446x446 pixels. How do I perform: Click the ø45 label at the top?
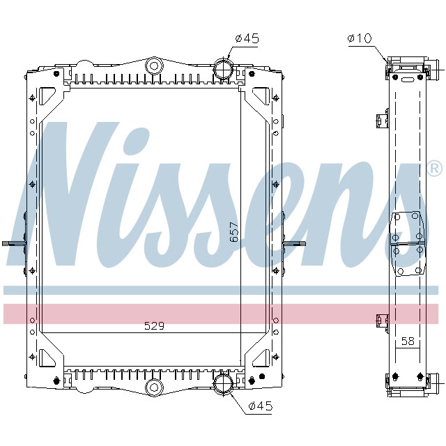[247, 39]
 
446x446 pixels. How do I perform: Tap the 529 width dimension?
[154, 325]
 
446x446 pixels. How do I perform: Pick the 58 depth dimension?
[408, 341]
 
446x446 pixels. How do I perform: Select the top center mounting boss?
[153, 67]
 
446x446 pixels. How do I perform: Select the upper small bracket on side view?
[380, 121]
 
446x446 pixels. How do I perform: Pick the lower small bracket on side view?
[380, 321]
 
